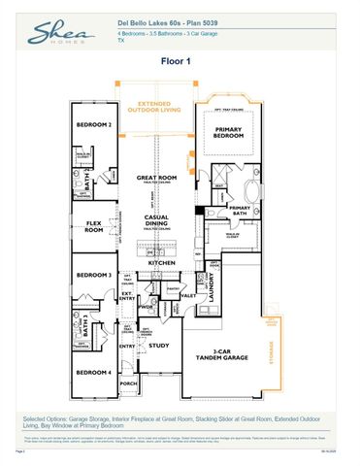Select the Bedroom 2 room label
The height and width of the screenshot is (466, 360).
point(94,125)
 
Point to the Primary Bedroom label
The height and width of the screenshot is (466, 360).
point(229,133)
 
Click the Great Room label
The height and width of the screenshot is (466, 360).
point(155,179)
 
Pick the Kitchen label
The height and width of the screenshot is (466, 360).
point(161,262)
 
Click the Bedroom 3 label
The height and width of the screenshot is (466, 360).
point(94,275)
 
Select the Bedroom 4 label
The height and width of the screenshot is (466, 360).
point(94,373)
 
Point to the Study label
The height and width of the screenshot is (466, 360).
point(160,346)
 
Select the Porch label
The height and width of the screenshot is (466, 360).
point(128,383)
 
